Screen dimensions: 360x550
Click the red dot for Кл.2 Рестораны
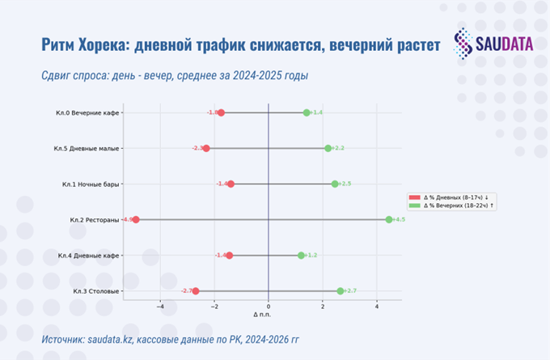[x=136, y=219]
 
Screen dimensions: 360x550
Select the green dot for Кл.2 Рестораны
[x=389, y=219]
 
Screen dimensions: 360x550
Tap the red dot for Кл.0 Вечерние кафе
[x=221, y=112]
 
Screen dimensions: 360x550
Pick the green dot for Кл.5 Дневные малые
[x=328, y=148]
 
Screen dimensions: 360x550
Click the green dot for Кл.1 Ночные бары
[x=335, y=184]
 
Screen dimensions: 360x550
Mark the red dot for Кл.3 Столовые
[x=195, y=290]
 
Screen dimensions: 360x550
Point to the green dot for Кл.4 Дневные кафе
[x=301, y=255]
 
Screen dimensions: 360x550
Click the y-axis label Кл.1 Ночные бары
[x=91, y=184]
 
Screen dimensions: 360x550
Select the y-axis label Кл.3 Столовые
[x=96, y=291]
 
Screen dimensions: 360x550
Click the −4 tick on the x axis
[x=160, y=306]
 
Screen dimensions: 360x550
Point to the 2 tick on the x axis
[x=323, y=306]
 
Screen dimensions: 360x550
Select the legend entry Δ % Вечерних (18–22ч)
[x=459, y=205]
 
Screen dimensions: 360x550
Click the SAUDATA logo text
[x=503, y=43]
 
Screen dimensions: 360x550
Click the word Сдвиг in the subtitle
[x=60, y=76]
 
